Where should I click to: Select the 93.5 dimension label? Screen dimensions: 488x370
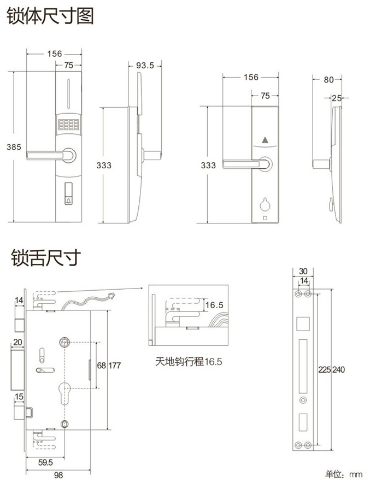tap(145, 66)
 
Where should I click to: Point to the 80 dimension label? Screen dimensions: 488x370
tap(328, 80)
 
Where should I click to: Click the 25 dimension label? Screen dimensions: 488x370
tap(337, 98)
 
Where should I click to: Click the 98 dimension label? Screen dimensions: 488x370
tap(58, 475)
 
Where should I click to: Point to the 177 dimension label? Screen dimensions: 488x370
tap(115, 365)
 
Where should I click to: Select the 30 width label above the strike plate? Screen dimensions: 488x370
tap(303, 271)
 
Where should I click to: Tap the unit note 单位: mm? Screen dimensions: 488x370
tap(344, 473)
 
